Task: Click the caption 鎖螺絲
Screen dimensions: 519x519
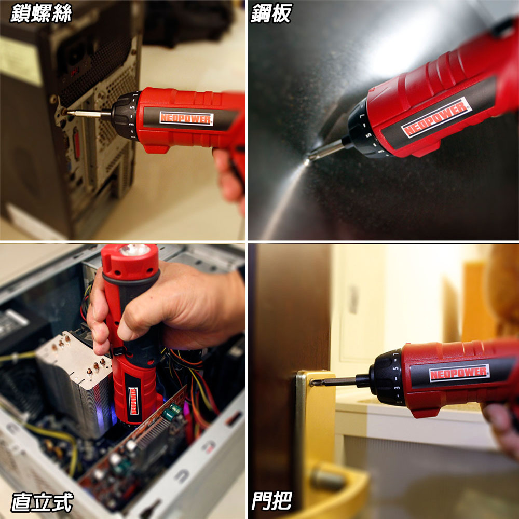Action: click(x=41, y=13)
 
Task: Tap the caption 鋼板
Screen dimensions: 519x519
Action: click(x=271, y=13)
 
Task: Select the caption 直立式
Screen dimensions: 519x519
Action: click(x=42, y=502)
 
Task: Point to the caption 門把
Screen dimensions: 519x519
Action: click(x=271, y=501)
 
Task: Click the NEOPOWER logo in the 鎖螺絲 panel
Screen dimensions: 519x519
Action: click(x=186, y=118)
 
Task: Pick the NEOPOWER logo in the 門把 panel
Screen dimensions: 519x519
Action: click(x=459, y=373)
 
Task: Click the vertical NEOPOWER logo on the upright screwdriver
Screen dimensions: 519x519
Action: click(x=133, y=401)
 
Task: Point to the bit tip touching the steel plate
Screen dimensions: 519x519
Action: click(x=307, y=162)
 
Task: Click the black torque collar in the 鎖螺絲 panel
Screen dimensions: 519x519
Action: click(x=125, y=116)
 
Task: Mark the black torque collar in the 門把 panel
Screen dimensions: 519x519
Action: click(x=386, y=377)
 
